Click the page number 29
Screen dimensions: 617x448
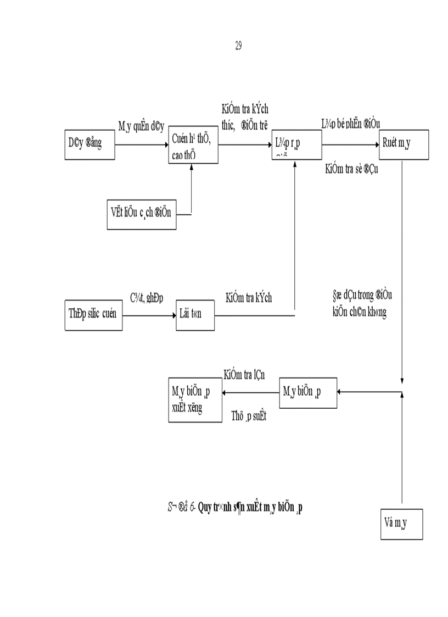238,46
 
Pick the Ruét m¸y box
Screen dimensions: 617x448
404,144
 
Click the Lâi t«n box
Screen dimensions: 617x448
195,315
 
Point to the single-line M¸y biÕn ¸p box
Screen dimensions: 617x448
308,392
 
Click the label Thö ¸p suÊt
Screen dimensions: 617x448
248,417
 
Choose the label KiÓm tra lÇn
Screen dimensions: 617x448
244,375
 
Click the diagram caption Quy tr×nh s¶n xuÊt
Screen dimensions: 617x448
250,506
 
